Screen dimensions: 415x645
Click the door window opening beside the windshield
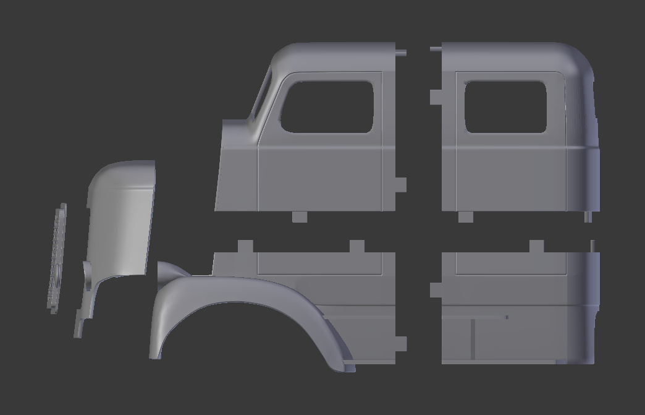[328, 106]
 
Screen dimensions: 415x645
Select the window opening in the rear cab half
[505, 106]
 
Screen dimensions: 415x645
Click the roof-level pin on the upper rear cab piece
[436, 49]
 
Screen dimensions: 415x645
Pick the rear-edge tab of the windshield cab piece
[400, 184]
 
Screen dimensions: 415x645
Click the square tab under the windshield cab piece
[300, 216]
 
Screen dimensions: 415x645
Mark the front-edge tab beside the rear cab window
[436, 97]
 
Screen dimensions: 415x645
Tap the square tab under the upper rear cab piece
[466, 216]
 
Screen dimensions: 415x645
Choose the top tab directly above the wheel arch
[245, 246]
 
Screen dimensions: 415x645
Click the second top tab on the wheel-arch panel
[357, 246]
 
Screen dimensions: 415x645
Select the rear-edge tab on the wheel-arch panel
[400, 344]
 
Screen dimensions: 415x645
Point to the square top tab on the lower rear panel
[536, 246]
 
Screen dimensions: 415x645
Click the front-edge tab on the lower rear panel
[436, 289]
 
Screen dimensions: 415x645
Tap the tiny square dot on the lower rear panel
[507, 317]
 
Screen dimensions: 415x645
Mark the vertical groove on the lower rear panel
[473, 339]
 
